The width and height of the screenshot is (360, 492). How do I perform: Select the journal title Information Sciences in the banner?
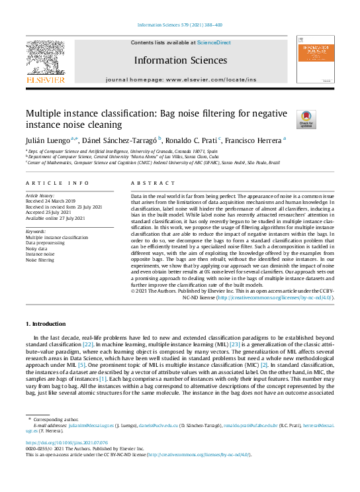[x=180, y=60]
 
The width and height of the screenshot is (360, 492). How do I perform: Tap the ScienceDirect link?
[x=214, y=42]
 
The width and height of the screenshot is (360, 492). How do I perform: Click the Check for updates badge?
[x=306, y=119]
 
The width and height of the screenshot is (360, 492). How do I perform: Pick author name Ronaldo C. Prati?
[x=193, y=140]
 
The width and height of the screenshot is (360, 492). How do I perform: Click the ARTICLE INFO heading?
[x=48, y=182]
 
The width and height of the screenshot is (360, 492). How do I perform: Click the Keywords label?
[x=36, y=231]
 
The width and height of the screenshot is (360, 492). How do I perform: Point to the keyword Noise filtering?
[x=41, y=260]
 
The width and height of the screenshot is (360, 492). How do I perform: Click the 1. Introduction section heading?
[x=46, y=324]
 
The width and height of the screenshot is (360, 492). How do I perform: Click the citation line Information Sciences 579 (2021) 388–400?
[x=180, y=25]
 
